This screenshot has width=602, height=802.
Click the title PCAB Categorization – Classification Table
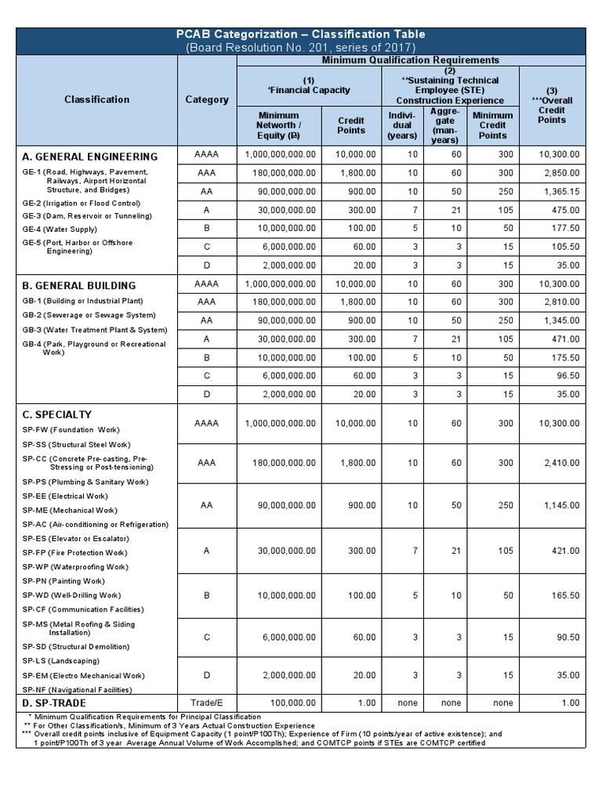(x=301, y=34)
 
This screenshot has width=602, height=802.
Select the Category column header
(x=207, y=99)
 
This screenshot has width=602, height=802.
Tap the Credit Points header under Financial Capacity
(x=350, y=125)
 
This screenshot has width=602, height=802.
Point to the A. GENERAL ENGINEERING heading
(x=90, y=156)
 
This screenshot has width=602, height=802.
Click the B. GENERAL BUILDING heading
(x=80, y=285)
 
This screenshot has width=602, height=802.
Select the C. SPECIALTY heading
(x=57, y=414)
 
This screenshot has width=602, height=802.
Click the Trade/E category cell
(x=207, y=703)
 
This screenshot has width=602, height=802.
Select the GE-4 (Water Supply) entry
(x=60, y=229)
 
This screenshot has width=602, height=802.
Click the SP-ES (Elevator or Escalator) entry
(x=75, y=538)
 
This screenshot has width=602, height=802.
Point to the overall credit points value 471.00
(x=564, y=339)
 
